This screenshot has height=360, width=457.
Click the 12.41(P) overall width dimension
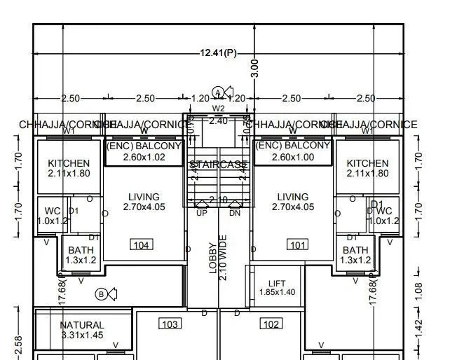[219, 53]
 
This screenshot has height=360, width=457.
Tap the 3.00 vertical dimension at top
[255, 68]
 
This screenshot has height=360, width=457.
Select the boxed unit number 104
[142, 244]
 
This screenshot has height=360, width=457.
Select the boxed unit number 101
[298, 244]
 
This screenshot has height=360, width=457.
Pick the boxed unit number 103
[170, 324]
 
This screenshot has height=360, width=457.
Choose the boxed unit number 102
[271, 324]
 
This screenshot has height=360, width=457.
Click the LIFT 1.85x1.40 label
[278, 287]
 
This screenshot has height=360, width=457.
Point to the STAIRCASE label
[218, 165]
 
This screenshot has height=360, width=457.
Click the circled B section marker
[102, 294]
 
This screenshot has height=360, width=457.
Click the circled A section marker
[219, 92]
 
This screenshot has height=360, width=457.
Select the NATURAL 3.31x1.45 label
[82, 330]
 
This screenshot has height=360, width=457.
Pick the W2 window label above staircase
[219, 109]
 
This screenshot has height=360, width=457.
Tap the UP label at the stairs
[202, 212]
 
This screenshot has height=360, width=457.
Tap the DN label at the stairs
[235, 212]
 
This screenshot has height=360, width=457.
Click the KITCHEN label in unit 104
[69, 168]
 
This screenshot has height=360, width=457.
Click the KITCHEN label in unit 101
[367, 168]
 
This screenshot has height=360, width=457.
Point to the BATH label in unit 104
[81, 255]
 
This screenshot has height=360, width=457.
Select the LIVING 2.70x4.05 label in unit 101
[293, 202]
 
